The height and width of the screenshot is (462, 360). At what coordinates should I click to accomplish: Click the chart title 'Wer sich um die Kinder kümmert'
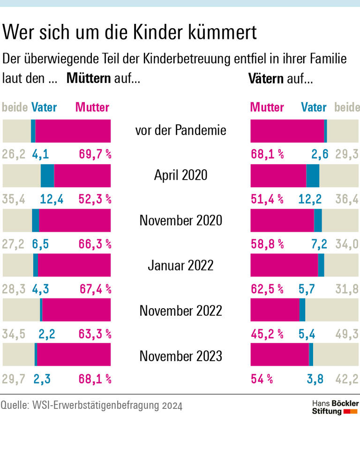click(129, 33)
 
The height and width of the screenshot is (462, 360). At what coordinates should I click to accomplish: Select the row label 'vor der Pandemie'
click(180, 130)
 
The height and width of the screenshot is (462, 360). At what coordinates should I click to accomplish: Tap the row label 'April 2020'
click(180, 175)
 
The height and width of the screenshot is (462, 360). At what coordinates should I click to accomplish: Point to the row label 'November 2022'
click(180, 311)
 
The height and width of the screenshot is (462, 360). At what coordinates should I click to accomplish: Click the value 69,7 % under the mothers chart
click(95, 154)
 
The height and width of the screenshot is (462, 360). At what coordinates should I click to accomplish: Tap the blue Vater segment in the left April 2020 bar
click(47, 176)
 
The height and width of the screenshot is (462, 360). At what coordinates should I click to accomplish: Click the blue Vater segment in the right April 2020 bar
click(313, 176)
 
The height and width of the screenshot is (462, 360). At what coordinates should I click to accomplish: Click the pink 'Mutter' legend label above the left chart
click(92, 107)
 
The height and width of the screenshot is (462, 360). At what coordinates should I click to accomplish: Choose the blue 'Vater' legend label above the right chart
click(314, 107)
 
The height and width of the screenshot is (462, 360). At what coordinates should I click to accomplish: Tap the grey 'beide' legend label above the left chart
click(15, 107)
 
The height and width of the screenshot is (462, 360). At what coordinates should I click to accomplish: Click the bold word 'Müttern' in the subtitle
click(89, 78)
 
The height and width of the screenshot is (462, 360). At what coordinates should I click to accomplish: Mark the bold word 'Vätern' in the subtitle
click(265, 78)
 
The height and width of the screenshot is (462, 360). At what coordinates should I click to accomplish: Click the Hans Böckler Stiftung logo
click(335, 407)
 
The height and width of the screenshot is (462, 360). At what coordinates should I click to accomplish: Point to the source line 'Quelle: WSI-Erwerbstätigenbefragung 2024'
click(91, 405)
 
